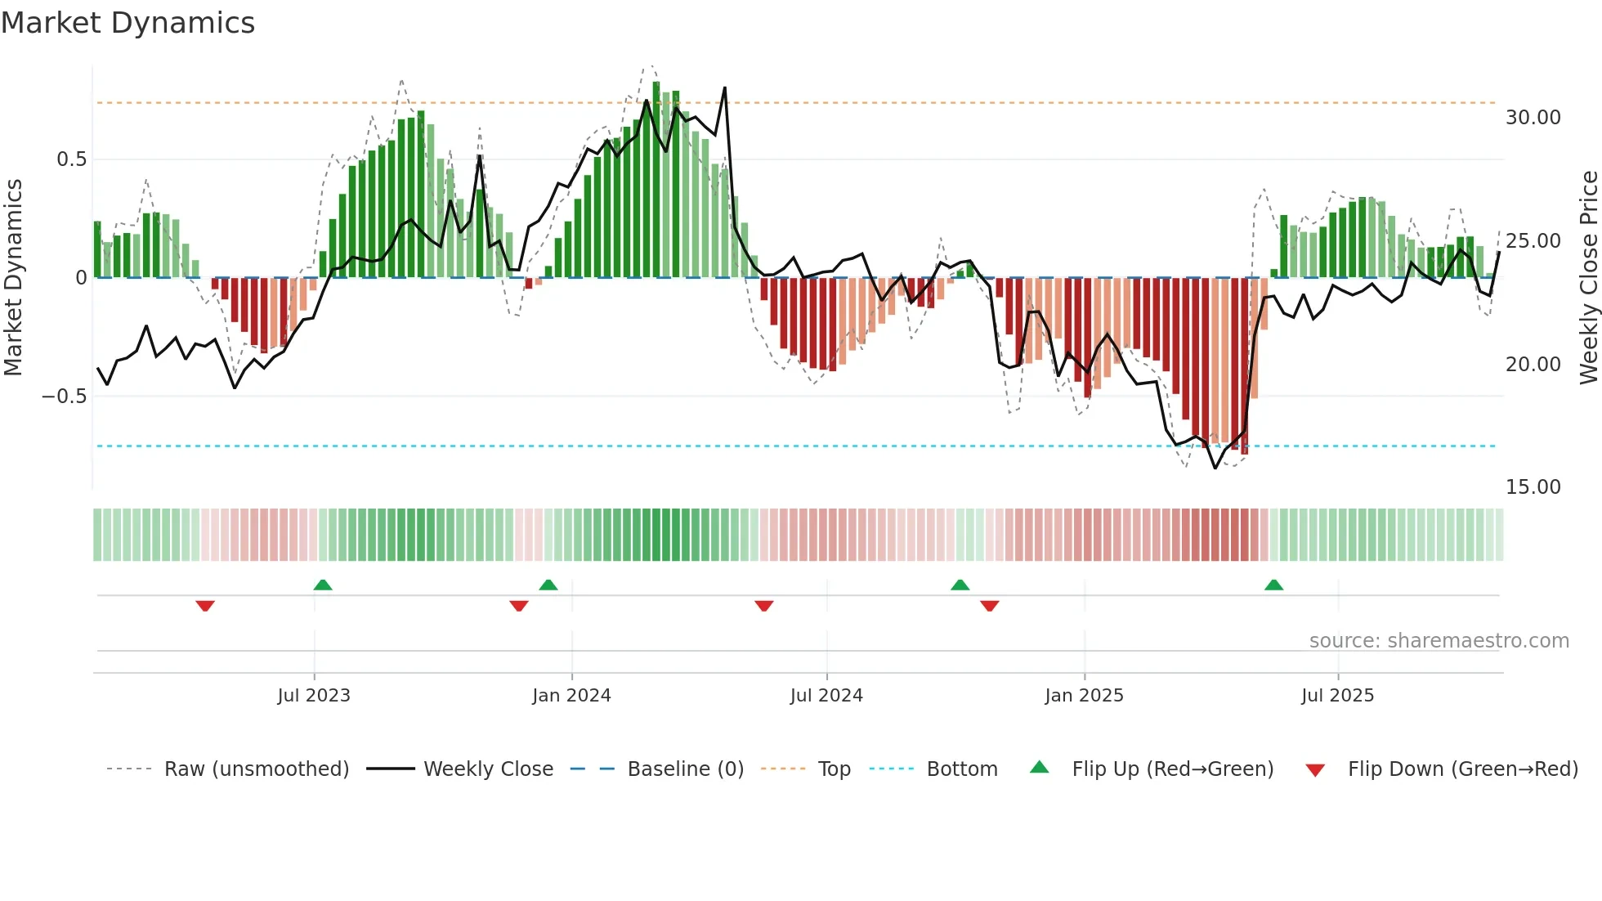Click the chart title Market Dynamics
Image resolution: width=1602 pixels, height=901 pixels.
(x=128, y=23)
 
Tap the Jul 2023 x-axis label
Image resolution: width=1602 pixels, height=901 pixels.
(x=314, y=696)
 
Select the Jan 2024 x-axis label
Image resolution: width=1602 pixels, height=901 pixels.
(x=571, y=696)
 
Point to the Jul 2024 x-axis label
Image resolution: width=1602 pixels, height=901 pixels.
(x=826, y=696)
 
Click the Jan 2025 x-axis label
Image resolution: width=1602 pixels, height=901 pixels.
(x=1084, y=696)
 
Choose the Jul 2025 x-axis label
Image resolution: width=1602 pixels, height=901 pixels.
(x=1337, y=696)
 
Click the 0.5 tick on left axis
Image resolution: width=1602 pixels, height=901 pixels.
(x=71, y=159)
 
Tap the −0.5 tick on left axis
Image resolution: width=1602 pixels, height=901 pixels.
(x=64, y=397)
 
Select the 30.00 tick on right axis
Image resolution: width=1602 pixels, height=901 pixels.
(x=1533, y=118)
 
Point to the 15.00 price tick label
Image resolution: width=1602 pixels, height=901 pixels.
(x=1533, y=487)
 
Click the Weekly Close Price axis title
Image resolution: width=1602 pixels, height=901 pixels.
(x=1589, y=278)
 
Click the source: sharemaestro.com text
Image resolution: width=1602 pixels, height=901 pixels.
(x=1439, y=641)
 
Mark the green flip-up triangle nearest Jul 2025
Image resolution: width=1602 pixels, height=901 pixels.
(x=1273, y=585)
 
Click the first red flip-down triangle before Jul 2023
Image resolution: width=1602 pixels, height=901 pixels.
(x=205, y=606)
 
